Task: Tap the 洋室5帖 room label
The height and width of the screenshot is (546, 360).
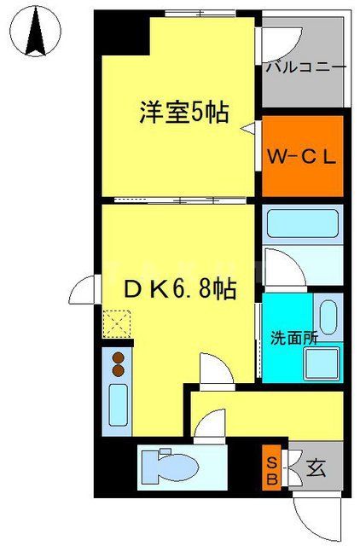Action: click(x=184, y=111)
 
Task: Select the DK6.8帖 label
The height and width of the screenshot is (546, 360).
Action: click(x=182, y=290)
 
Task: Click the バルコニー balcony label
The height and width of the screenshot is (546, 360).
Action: click(x=305, y=66)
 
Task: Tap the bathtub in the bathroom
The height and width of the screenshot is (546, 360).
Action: click(x=303, y=224)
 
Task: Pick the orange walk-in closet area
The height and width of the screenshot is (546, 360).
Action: click(x=303, y=156)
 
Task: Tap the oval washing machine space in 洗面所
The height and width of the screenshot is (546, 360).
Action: click(x=328, y=317)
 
